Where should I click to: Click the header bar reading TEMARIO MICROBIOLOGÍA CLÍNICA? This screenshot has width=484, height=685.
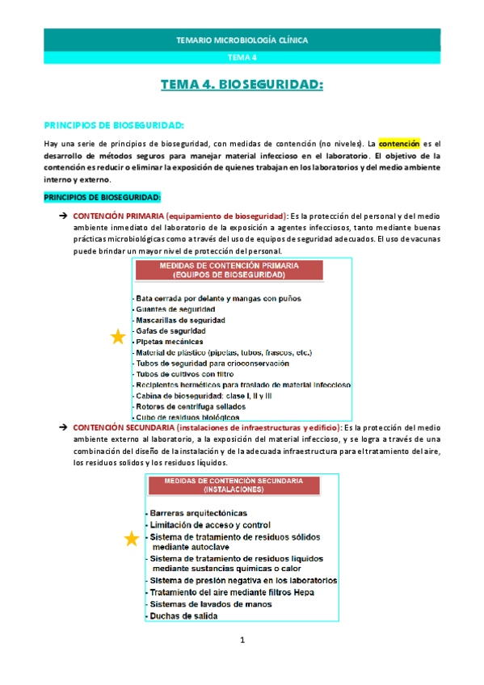click(x=242, y=40)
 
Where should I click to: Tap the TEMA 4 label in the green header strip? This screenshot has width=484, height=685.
click(x=242, y=57)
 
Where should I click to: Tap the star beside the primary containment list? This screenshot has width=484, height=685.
click(x=117, y=338)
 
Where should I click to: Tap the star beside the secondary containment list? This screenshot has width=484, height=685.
click(x=131, y=539)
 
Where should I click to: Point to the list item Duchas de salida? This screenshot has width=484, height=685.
click(x=183, y=616)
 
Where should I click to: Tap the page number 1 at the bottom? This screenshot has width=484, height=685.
click(x=242, y=641)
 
